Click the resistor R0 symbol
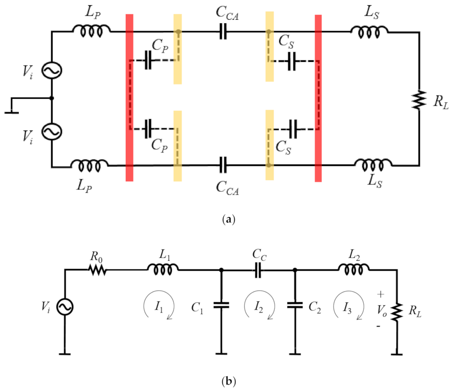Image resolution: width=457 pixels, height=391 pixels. click(x=97, y=270)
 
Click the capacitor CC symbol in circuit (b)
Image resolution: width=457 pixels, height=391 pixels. click(x=258, y=270)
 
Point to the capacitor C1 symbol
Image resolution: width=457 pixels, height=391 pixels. click(x=221, y=305)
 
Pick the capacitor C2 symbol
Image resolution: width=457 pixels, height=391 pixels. click(x=295, y=305)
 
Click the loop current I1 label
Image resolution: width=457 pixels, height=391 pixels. click(x=159, y=306)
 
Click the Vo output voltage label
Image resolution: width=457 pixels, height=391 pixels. click(x=381, y=310)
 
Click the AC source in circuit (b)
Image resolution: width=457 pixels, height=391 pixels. click(x=65, y=307)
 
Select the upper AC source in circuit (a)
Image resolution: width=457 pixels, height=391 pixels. click(x=52, y=70)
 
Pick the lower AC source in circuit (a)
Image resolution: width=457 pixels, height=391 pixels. click(x=52, y=132)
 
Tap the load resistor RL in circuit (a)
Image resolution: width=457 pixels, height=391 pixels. click(x=419, y=100)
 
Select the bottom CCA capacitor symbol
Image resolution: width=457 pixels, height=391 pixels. click(x=223, y=165)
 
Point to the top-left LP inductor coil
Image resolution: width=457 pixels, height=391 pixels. click(x=92, y=31)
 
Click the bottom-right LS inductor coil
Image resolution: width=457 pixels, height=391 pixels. click(x=373, y=164)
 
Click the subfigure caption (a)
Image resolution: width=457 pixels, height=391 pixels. click(x=228, y=220)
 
